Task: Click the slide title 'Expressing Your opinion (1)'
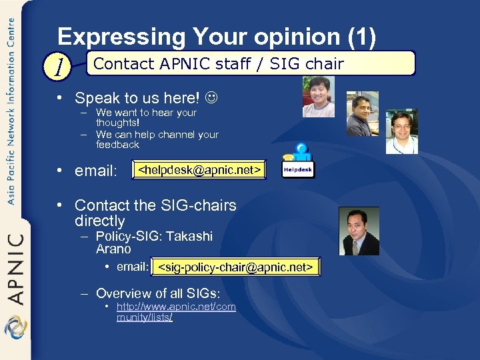point(217,36)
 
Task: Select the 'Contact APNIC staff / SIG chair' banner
point(251,64)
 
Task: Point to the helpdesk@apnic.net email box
point(198,171)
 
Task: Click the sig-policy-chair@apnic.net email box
point(235,267)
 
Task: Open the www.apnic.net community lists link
point(175,312)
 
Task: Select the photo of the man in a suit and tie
point(359,231)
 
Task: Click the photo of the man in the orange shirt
point(318,97)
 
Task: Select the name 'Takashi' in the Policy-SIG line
point(190,237)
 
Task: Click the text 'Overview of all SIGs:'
point(158,293)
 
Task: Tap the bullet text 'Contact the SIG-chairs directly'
point(155,213)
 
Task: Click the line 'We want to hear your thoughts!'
point(146,118)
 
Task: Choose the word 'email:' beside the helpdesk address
point(96,171)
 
